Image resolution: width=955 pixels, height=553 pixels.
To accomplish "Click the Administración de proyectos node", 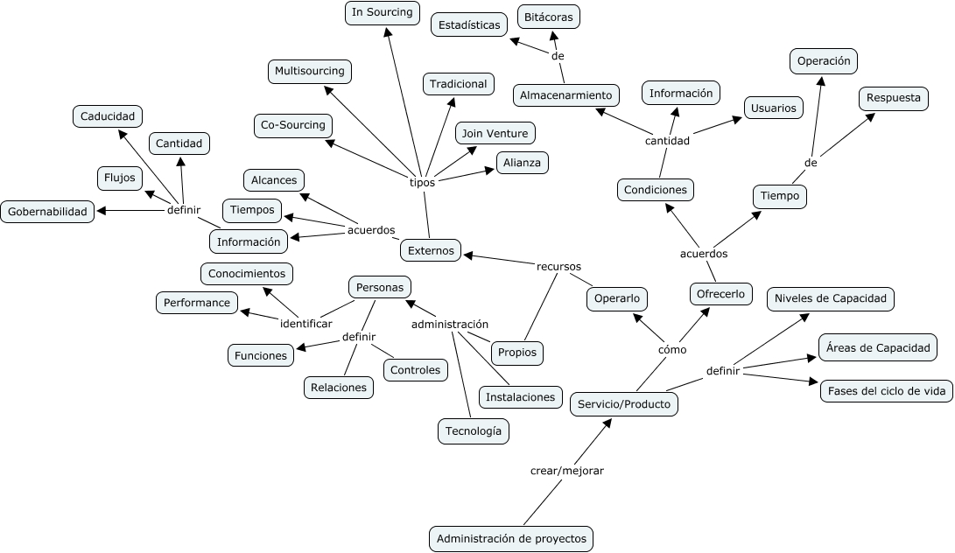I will coord(511,538).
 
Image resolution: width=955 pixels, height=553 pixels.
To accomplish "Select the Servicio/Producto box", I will coord(623,404).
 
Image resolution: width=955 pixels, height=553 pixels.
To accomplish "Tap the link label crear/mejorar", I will coord(567,471).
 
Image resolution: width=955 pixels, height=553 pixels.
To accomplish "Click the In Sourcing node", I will coord(382,12).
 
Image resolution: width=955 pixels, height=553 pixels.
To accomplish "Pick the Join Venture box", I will coord(495,133).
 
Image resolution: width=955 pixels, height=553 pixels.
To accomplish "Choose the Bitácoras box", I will coord(549,17).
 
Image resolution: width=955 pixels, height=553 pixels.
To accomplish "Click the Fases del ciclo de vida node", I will coord(886,390).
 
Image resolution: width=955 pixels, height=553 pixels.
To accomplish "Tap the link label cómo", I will coord(672,349).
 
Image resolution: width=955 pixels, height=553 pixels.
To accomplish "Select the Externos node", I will coord(431,250).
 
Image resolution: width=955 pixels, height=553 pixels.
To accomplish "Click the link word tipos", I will coord(422,182).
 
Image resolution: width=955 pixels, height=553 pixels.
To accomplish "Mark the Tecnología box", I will coord(474,430).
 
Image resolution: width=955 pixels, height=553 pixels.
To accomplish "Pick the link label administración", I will coord(450,324).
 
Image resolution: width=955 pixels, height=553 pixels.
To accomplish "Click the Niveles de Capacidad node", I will coord(830,298).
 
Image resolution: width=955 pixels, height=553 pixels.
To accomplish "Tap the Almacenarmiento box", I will coord(565,94).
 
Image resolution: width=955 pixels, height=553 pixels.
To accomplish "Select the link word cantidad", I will coord(667,140).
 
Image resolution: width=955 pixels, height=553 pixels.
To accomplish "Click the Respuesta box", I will coord(893,98).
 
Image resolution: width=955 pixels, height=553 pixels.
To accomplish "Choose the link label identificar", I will coord(306,324).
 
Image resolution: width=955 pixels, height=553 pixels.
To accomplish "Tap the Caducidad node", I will coord(107,115).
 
